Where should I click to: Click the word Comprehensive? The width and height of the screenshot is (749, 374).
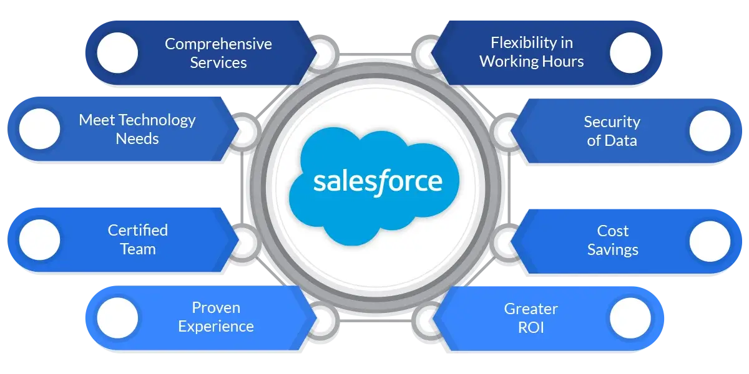pos(218,44)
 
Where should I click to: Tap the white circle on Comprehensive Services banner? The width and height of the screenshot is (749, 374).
pos(117,52)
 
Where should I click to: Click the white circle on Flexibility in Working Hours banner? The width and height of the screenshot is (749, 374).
pos(630,52)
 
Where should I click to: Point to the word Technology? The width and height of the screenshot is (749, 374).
pos(157,120)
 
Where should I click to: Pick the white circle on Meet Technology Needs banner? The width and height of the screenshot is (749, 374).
pos(39,129)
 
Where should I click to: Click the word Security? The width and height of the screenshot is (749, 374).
pos(612,122)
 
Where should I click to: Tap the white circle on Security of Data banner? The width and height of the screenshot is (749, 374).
pos(710,131)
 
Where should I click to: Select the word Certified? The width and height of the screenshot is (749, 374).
pos(137,230)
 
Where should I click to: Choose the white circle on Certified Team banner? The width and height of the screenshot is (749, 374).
pos(39,240)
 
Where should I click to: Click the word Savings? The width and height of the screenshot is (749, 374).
pos(612,250)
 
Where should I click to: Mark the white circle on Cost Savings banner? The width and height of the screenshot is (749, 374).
pos(710,241)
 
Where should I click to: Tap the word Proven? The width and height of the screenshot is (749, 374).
pos(215,307)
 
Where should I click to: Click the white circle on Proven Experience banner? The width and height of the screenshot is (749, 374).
pos(117,317)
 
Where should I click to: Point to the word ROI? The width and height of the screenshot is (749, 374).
pos(531,327)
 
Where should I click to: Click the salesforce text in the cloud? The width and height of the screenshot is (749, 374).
pos(377,182)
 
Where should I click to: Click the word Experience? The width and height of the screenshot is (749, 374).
pos(215,326)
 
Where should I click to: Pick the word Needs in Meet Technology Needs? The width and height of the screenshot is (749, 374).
pos(137,138)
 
